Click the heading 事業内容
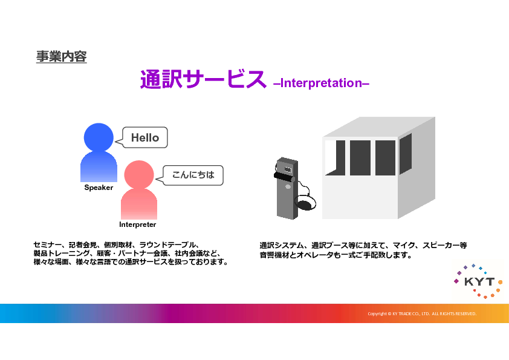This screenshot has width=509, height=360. click(x=61, y=56)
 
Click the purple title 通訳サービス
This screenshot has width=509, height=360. click(x=203, y=79)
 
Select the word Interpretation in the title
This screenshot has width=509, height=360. click(x=322, y=83)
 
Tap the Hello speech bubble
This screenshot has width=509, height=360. click(x=144, y=138)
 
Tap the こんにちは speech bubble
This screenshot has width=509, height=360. click(x=193, y=175)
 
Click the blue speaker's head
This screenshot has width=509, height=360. click(x=99, y=137)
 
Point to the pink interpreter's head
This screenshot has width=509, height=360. click(x=139, y=175)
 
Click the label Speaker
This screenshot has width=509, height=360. click(x=99, y=188)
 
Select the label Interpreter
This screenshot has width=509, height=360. click(x=138, y=224)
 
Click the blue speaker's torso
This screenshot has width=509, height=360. click(x=99, y=167)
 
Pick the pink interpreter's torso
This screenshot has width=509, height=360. click(x=139, y=204)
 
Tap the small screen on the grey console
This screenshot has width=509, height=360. click(x=288, y=169)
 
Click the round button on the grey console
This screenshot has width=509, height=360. click(x=288, y=186)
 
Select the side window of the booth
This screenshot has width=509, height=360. click(x=406, y=154)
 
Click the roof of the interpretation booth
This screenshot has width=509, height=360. click(x=379, y=127)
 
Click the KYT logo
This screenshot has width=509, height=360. click(x=479, y=281)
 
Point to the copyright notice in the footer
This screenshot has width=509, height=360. click(x=422, y=314)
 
